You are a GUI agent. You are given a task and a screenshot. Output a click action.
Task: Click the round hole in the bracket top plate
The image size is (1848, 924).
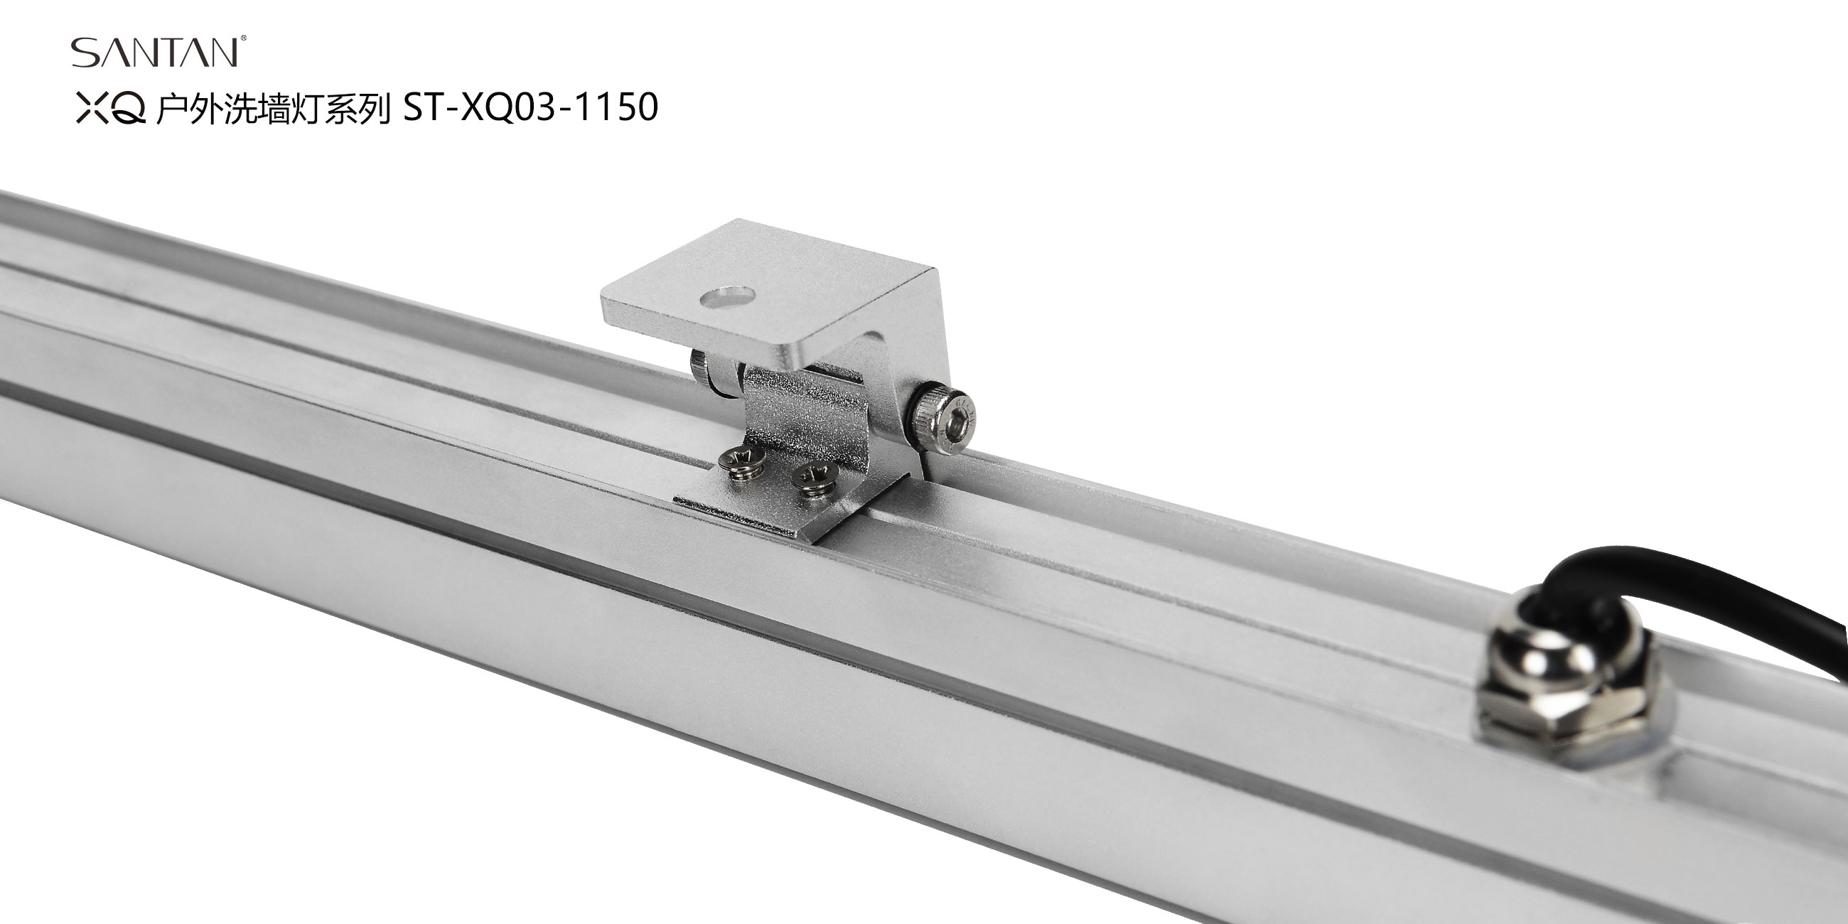click(728, 296)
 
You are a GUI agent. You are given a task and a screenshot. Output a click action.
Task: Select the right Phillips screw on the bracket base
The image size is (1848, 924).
click(814, 479)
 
